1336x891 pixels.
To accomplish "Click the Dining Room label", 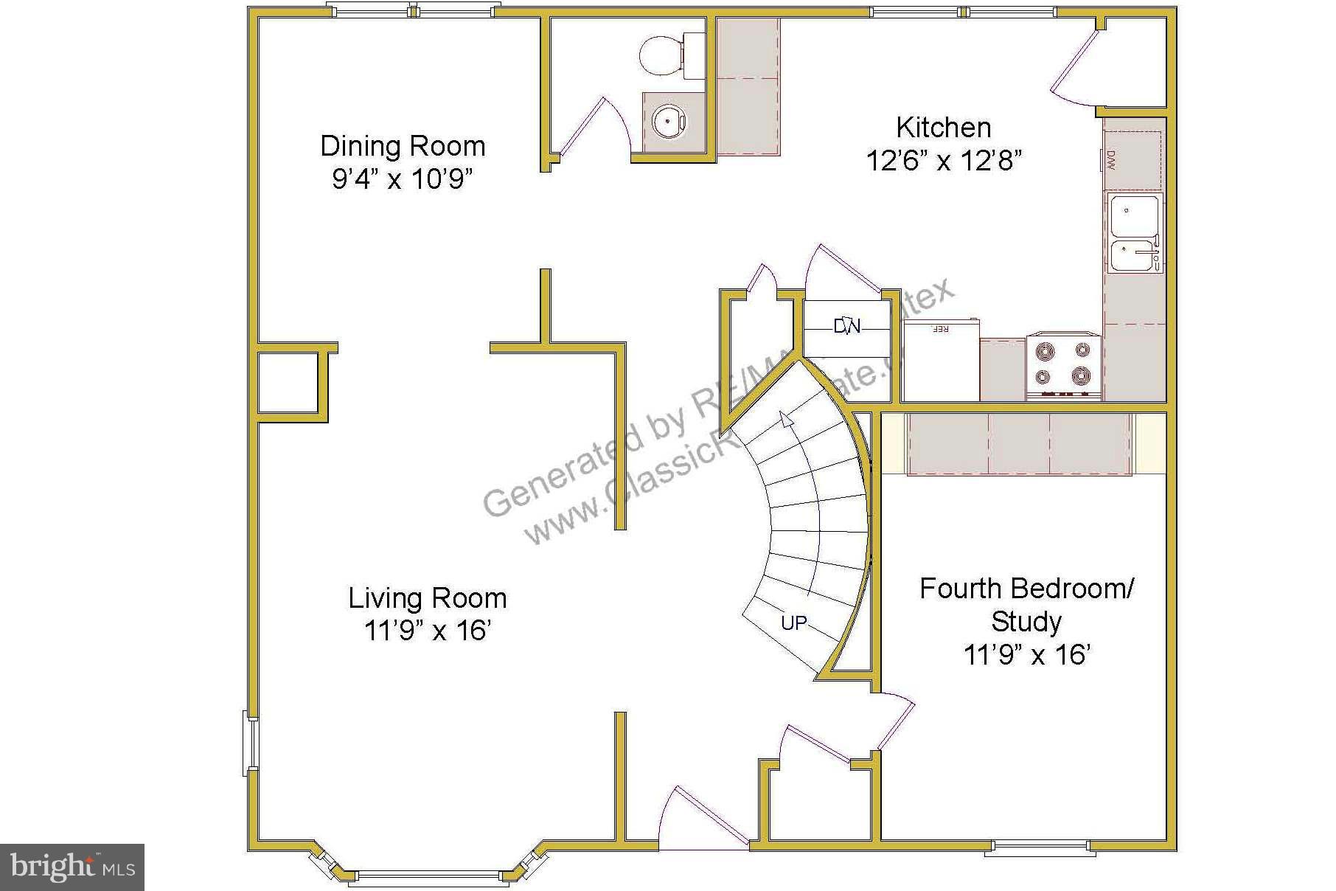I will pyautogui.click(x=403, y=146).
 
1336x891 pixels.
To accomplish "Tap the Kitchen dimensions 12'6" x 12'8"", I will pyautogui.click(x=943, y=160).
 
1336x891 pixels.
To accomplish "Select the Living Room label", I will pyautogui.click(x=428, y=597).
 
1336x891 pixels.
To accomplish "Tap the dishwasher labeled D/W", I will pyautogui.click(x=1132, y=160).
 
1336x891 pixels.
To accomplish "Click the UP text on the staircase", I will pyautogui.click(x=793, y=623).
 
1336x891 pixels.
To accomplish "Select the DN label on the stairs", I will pyautogui.click(x=846, y=326).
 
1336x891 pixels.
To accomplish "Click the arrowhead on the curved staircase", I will pyautogui.click(x=786, y=420).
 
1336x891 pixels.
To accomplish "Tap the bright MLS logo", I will pyautogui.click(x=72, y=867).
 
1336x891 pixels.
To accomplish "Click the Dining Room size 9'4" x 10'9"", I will pyautogui.click(x=402, y=179).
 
